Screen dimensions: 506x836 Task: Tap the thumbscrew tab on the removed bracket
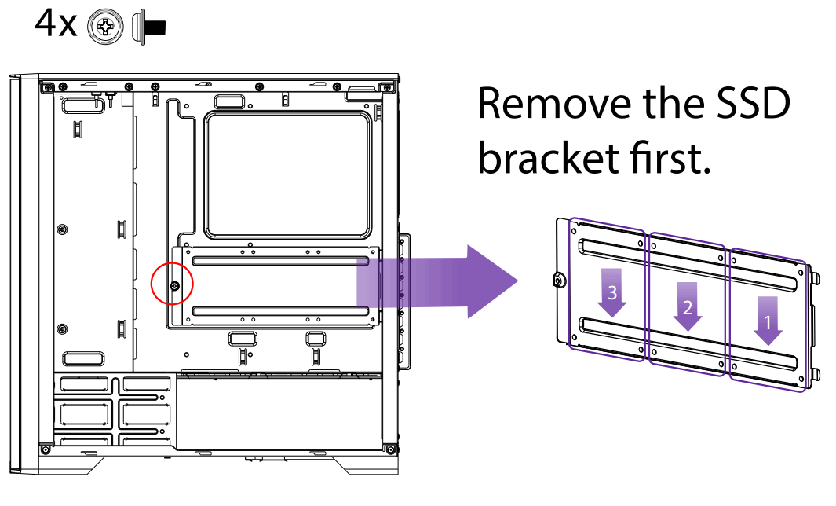click(559, 280)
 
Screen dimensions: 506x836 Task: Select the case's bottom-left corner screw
click(46, 449)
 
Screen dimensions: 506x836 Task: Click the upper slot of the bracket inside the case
click(280, 259)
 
